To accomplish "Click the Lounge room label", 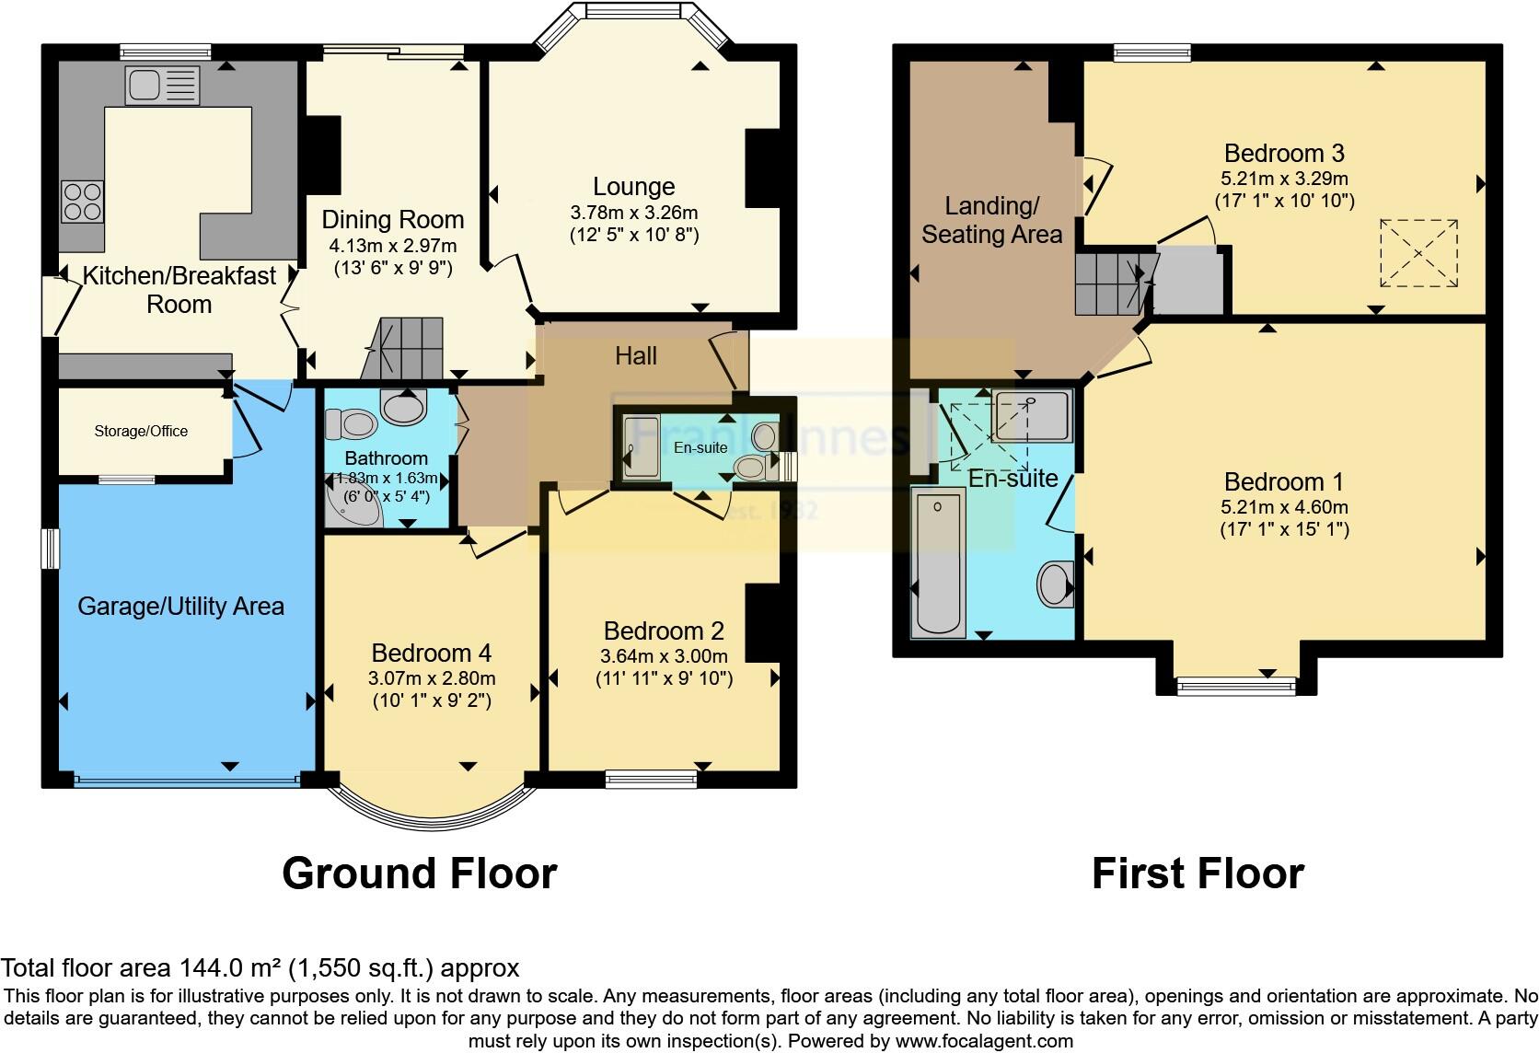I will click(x=633, y=187).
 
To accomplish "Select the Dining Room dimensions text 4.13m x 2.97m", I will click(x=393, y=247).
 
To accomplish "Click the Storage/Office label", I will click(x=141, y=431).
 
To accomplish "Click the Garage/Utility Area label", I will click(x=180, y=606).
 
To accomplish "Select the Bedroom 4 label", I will click(x=431, y=654).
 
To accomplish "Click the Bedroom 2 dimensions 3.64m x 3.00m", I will click(x=664, y=656).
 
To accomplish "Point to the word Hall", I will click(x=636, y=356).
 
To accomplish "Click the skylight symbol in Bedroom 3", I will click(x=1418, y=253).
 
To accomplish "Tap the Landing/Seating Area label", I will click(x=991, y=220).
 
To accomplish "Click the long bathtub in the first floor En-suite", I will click(x=937, y=561).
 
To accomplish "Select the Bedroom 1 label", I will click(x=1283, y=481).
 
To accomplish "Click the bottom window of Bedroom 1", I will click(x=1236, y=684).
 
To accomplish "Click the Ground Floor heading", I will click(x=419, y=874).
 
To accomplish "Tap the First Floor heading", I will click(x=1198, y=874).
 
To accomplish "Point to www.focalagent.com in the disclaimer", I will click(x=984, y=1042).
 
